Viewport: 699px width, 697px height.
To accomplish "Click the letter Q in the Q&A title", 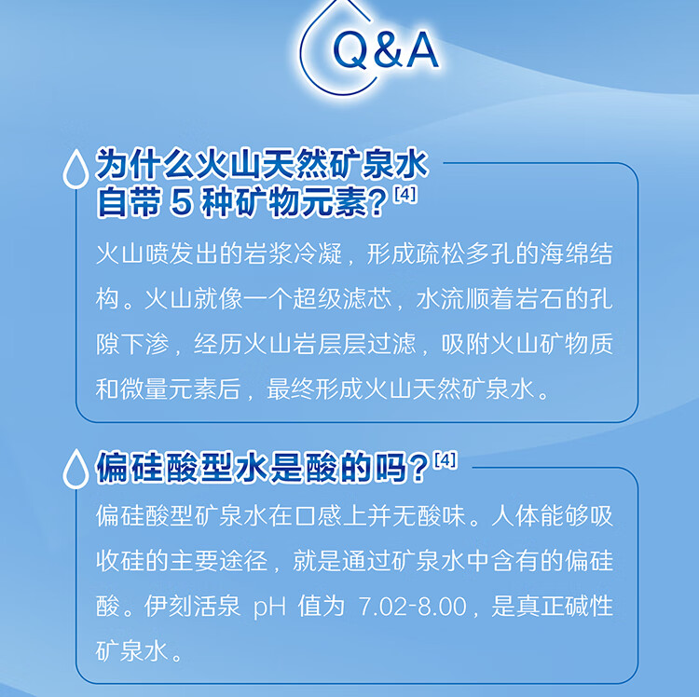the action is [350, 50].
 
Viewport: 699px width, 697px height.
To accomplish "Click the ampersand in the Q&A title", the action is [388, 50].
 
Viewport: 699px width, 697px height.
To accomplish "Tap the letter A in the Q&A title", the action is [420, 50].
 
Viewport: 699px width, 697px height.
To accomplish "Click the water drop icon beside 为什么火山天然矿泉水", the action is [75, 169].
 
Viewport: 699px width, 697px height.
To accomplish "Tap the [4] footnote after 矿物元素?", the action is [404, 195].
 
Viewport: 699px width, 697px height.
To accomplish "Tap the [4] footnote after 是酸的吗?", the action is [445, 459].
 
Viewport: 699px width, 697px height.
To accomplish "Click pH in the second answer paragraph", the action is [269, 607].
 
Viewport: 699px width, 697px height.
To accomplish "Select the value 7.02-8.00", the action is [412, 606].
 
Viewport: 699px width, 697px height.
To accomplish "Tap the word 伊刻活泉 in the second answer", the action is [192, 606].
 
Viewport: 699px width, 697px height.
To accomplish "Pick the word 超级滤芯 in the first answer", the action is [342, 298].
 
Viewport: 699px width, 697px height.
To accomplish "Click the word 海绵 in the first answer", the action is [564, 253].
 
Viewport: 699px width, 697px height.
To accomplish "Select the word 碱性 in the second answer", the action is [588, 606].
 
